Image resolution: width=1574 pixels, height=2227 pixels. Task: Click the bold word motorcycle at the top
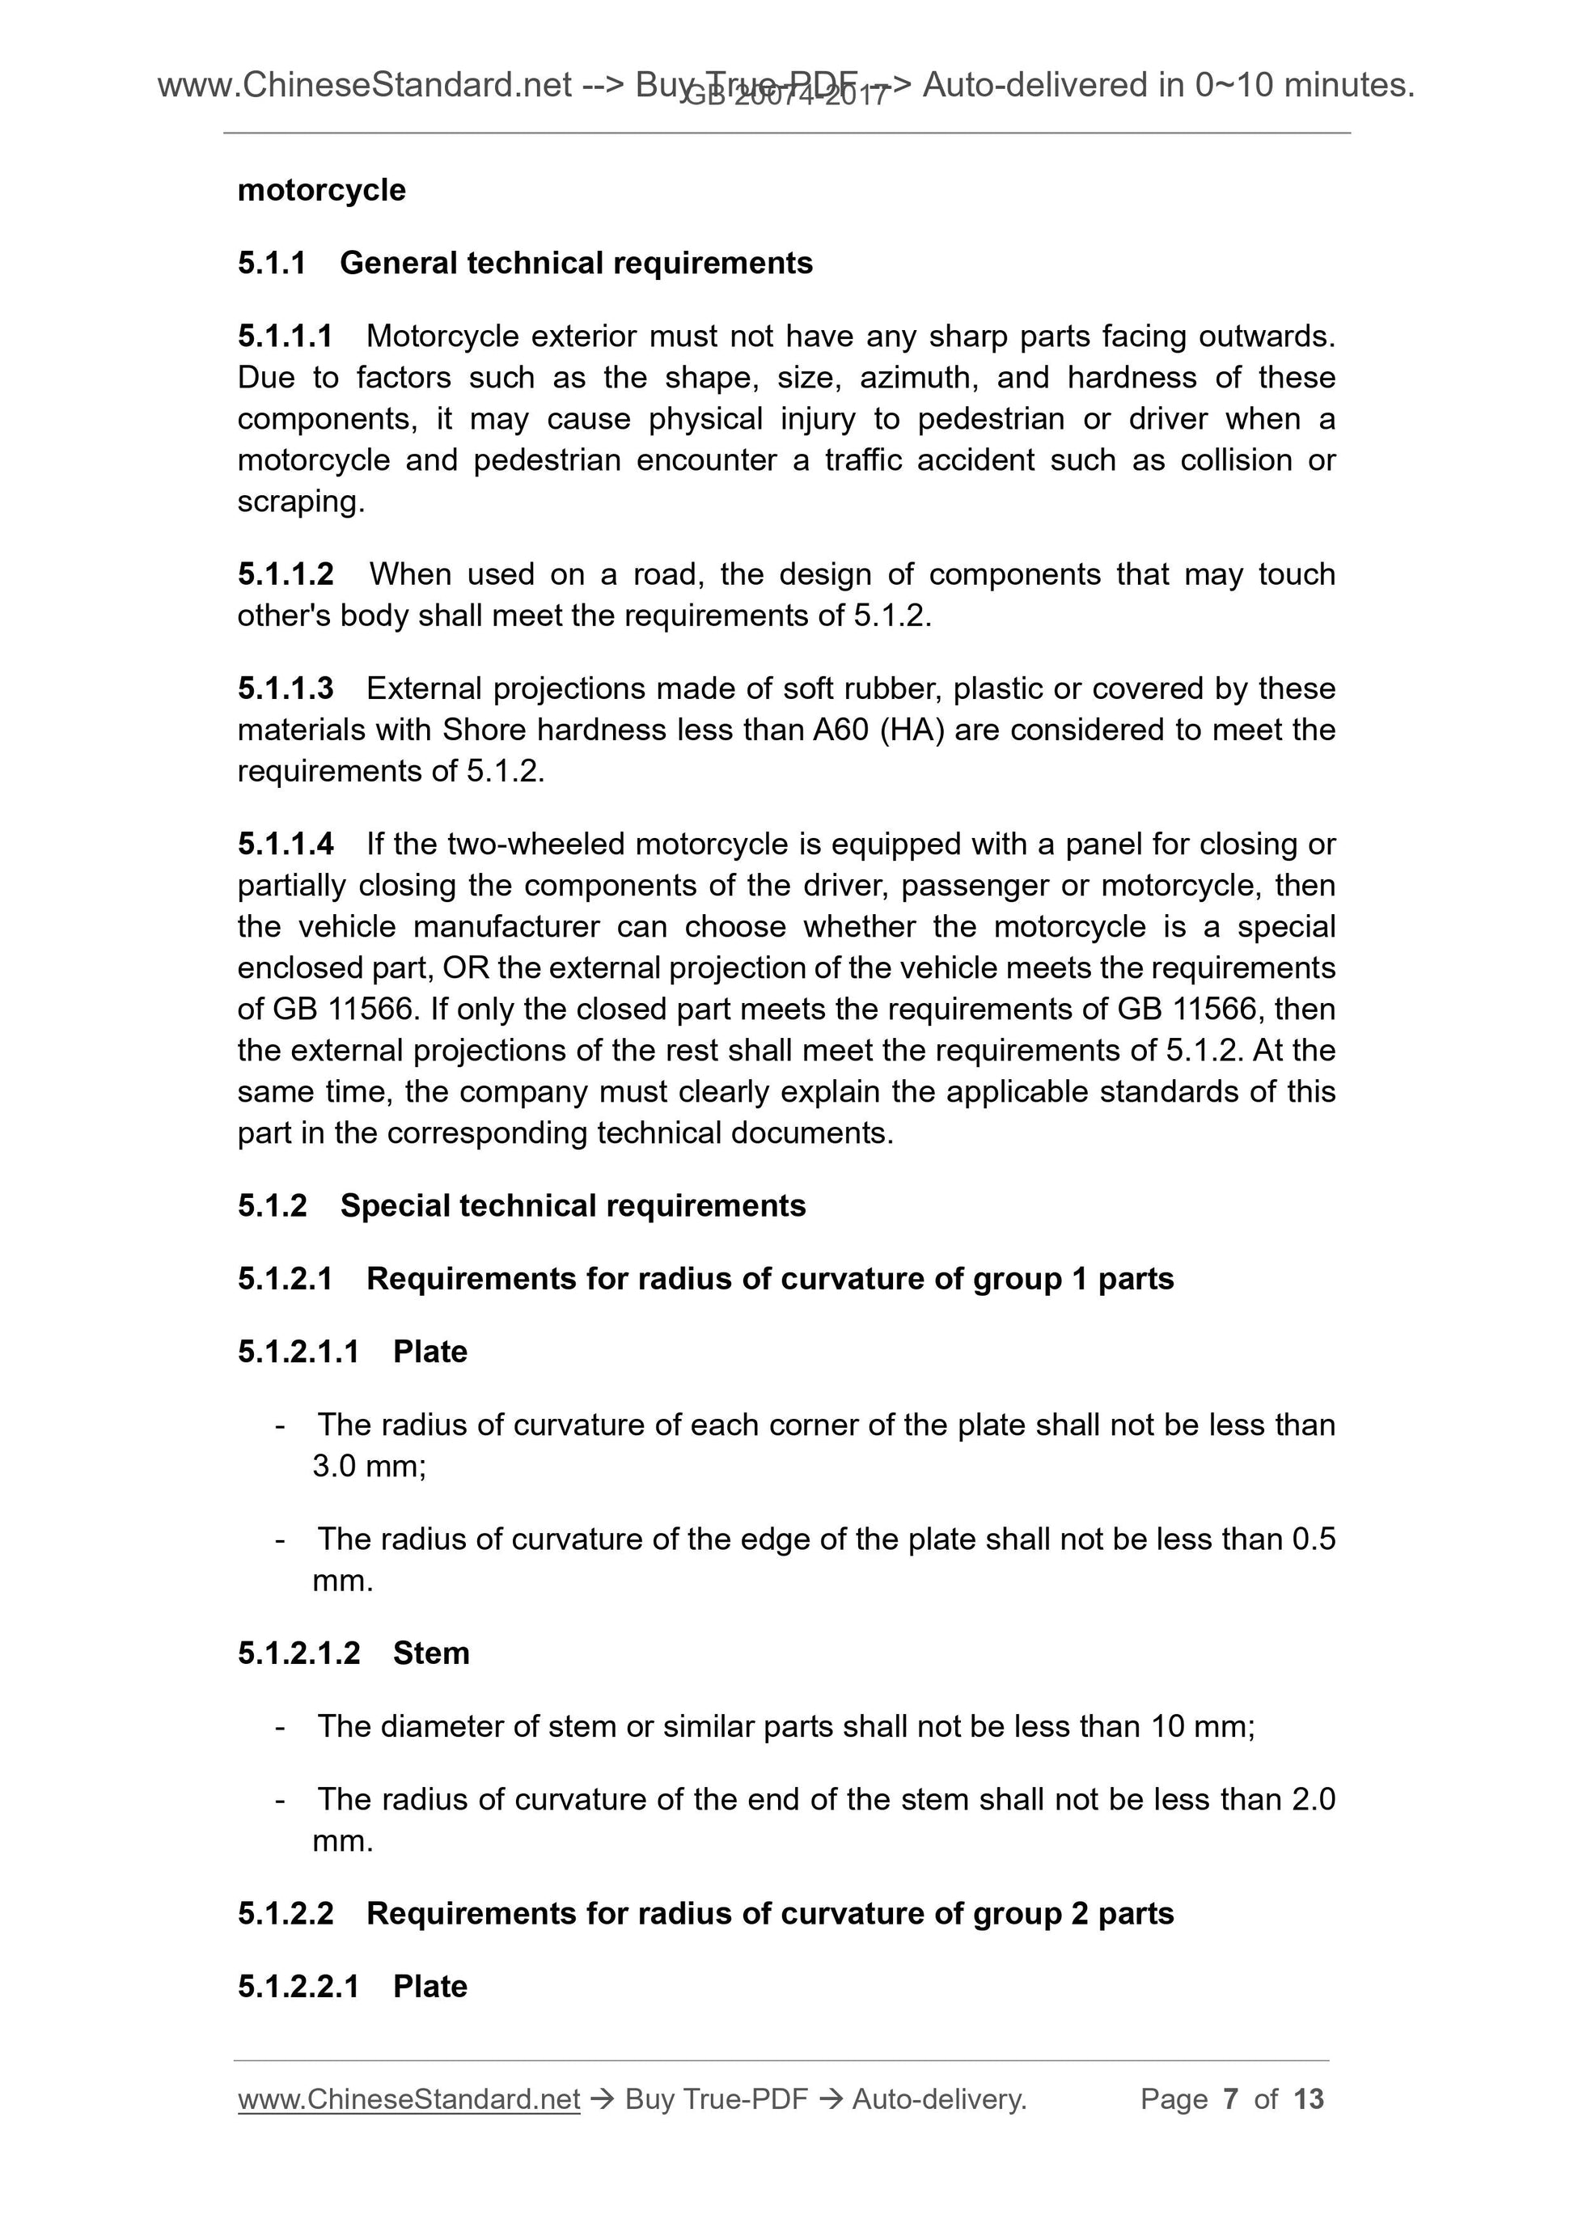click(x=321, y=190)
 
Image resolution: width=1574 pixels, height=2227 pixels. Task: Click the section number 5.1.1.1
click(x=286, y=337)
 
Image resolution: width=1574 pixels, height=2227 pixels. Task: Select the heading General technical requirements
click(x=576, y=263)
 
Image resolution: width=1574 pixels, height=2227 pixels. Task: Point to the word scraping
click(x=301, y=502)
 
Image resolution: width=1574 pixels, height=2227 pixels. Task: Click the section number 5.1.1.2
click(x=286, y=574)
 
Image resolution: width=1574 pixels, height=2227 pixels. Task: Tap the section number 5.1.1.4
click(x=286, y=844)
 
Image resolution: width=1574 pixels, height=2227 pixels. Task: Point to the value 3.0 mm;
click(x=369, y=1466)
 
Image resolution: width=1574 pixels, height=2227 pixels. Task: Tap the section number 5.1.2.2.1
click(x=298, y=1987)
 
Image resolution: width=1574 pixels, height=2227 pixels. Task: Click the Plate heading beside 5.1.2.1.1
click(x=429, y=1351)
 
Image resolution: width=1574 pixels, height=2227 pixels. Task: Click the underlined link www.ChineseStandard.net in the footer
click(x=408, y=2099)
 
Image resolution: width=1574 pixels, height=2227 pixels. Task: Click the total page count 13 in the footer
click(x=1308, y=2099)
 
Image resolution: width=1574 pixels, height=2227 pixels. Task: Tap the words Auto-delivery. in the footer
click(x=939, y=2099)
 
